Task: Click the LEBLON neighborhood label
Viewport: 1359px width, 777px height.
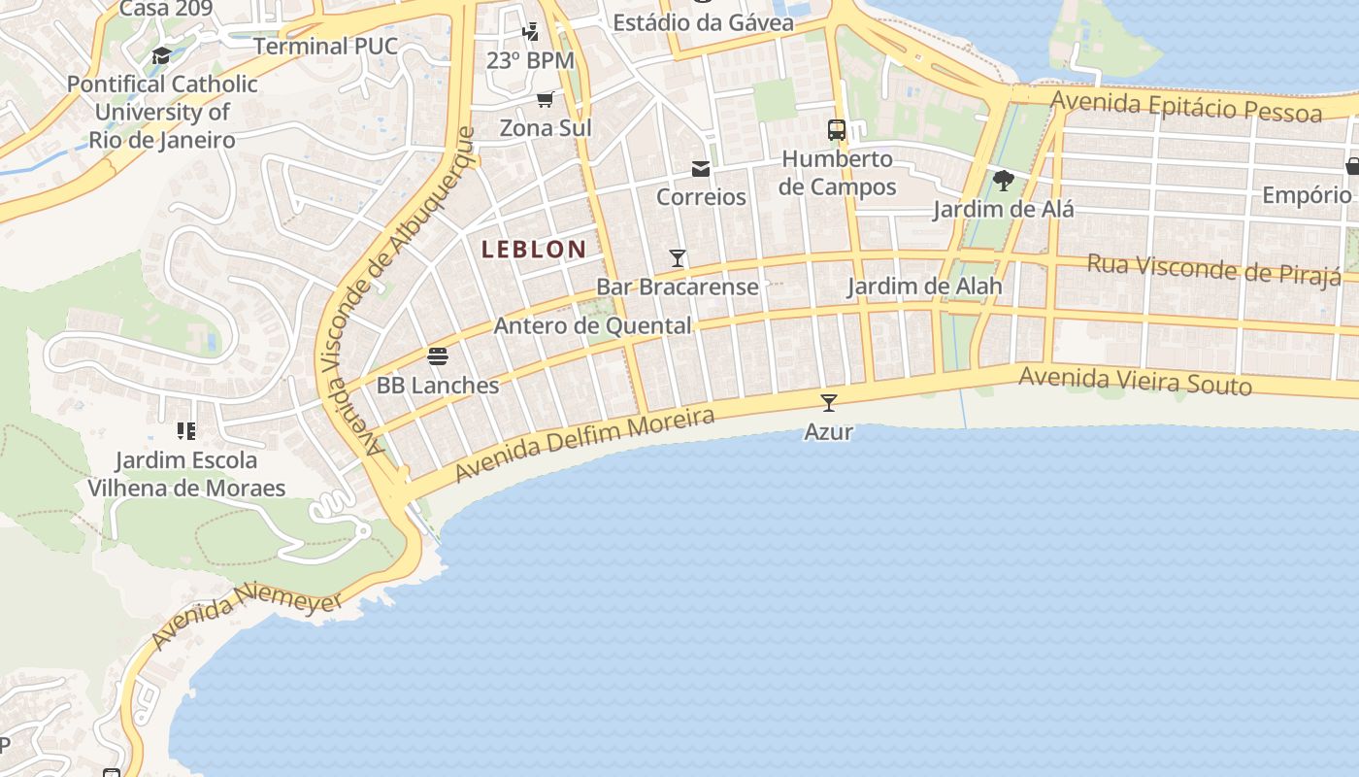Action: click(x=534, y=250)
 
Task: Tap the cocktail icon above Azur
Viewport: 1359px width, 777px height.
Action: click(x=828, y=403)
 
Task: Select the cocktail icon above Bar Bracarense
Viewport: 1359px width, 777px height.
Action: click(x=678, y=258)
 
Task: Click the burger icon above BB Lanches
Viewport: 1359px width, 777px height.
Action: click(x=438, y=356)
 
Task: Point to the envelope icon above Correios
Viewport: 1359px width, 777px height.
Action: click(x=701, y=169)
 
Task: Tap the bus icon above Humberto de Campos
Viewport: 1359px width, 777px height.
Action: click(x=836, y=130)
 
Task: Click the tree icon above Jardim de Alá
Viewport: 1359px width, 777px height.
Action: click(x=1004, y=181)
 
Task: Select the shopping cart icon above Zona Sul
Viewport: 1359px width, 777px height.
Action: click(x=546, y=99)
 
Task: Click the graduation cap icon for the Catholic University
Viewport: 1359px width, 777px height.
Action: click(x=161, y=56)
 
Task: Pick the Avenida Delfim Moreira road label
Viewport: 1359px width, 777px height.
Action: click(x=584, y=444)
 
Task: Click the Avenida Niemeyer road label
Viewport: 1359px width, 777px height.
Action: click(x=247, y=619)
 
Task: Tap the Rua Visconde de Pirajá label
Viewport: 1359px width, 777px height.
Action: click(x=1213, y=268)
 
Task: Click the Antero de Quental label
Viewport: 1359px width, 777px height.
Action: click(x=592, y=326)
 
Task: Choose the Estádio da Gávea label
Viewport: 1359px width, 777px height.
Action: click(x=703, y=21)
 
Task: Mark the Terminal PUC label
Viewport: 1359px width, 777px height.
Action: click(x=325, y=47)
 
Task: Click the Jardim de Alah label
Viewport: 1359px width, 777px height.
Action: click(x=924, y=287)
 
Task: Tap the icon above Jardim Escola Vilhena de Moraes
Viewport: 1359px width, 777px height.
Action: click(x=186, y=430)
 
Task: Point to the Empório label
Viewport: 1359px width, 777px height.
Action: click(x=1307, y=195)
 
